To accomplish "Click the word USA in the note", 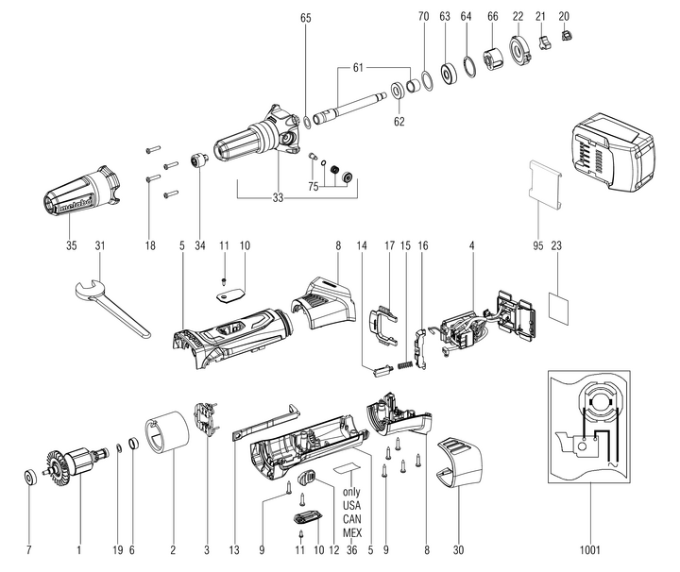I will pyautogui.click(x=351, y=506).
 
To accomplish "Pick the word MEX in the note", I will pyautogui.click(x=351, y=532).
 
